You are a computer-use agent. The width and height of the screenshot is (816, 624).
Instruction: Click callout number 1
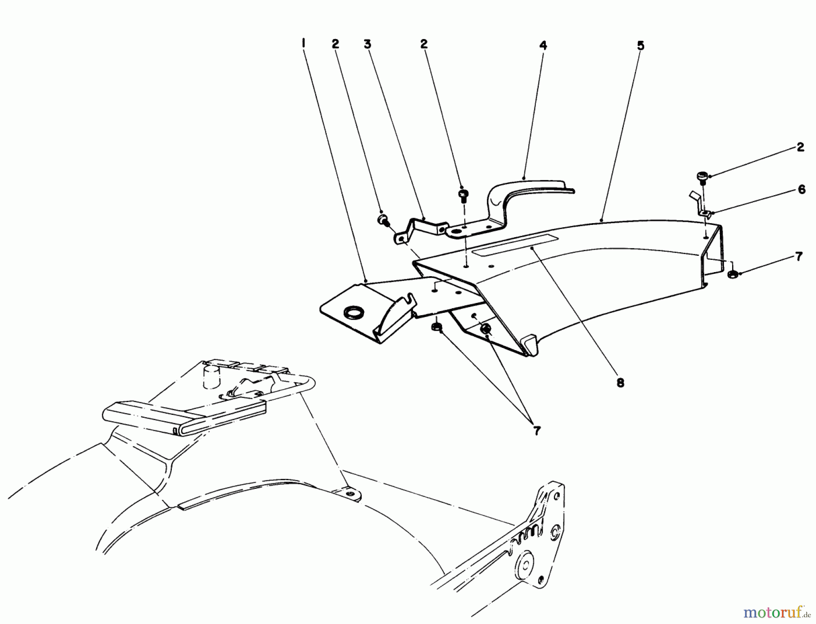303,44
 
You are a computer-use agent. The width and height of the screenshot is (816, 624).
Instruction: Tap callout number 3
367,44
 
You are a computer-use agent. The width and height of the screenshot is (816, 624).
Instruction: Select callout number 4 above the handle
543,45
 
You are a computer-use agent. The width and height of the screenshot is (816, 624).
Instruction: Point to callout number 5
640,46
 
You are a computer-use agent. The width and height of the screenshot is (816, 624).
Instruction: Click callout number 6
801,190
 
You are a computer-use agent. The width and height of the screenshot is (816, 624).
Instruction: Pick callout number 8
620,383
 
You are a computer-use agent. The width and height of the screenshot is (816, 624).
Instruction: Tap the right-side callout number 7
799,257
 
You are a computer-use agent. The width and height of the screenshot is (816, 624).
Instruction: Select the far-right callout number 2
800,147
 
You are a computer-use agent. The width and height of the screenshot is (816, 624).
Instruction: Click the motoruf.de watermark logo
776,614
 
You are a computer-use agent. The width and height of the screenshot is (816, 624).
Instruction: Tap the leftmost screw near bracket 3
383,220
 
